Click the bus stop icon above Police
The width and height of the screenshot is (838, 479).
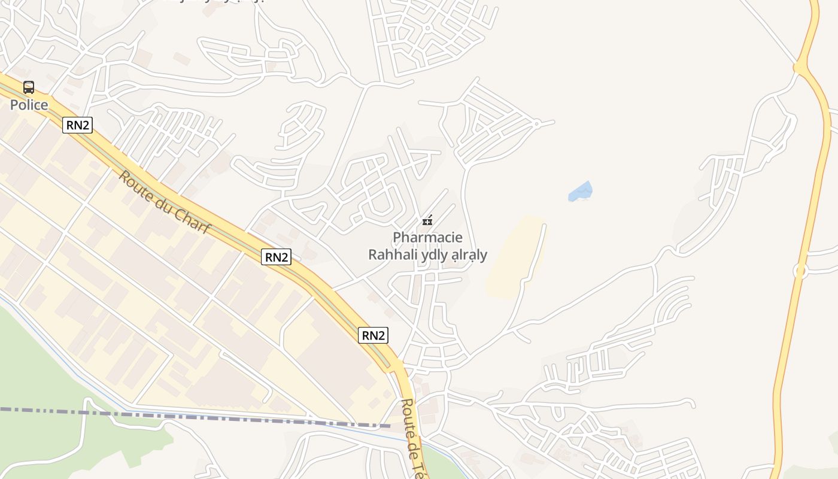29,87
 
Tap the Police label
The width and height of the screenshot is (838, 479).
29,105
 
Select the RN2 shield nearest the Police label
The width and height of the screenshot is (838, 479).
78,125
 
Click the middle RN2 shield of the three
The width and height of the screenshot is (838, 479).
277,257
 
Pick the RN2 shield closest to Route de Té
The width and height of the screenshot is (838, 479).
373,335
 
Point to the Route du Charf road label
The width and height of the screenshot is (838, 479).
165,203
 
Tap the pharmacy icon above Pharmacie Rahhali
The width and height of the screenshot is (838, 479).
427,220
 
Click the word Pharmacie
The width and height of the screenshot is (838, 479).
427,237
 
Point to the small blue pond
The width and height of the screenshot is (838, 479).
580,192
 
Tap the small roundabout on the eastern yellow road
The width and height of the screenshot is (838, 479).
800,271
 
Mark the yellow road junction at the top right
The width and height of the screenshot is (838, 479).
800,68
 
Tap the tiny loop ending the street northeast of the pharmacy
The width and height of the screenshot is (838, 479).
536,124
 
